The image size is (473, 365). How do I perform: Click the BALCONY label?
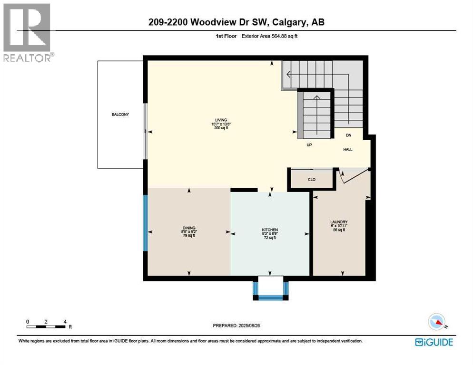click(120, 115)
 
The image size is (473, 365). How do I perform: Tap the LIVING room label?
click(220, 120)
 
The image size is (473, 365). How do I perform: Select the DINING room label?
click(189, 228)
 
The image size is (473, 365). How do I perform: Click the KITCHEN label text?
click(270, 230)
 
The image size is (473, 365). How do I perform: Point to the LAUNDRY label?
click(339, 222)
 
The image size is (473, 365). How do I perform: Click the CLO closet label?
click(312, 180)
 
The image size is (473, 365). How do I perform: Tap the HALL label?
click(348, 149)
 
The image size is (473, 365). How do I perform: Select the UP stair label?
click(309, 145)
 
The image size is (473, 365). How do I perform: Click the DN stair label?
click(348, 135)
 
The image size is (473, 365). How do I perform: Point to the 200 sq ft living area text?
click(220, 128)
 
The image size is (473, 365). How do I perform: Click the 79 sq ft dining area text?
click(189, 236)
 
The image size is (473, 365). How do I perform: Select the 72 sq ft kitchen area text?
click(270, 238)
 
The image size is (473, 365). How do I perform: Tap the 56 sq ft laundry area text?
click(339, 230)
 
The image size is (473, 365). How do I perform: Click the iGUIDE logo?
click(434, 342)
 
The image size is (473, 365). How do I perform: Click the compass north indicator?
click(437, 322)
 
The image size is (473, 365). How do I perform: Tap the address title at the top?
click(236, 22)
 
